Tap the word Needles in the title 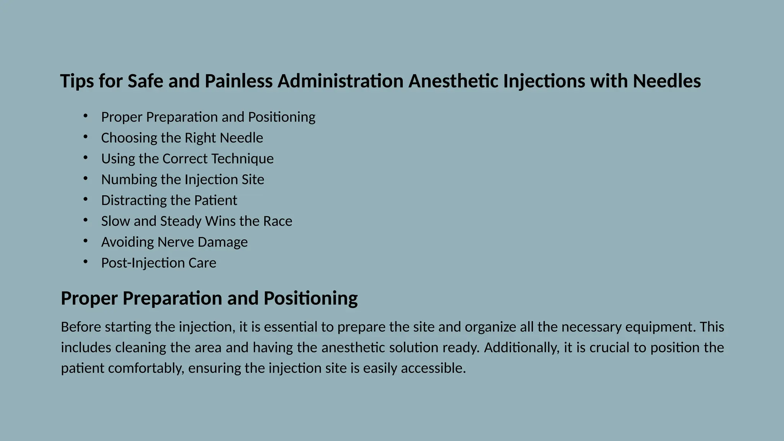click(x=666, y=81)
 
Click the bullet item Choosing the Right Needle click(x=182, y=138)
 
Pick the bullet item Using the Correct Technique click(x=187, y=158)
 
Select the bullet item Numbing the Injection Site click(x=183, y=180)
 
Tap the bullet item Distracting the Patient click(x=169, y=200)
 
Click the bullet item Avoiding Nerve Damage click(x=174, y=242)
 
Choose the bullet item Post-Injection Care click(x=158, y=263)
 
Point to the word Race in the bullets click(x=278, y=221)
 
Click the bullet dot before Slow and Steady click(x=85, y=220)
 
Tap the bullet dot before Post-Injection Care click(x=85, y=262)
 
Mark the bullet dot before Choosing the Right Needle click(x=85, y=137)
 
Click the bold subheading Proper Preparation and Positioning click(x=209, y=298)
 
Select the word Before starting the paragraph click(x=81, y=327)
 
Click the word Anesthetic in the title click(x=453, y=81)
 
